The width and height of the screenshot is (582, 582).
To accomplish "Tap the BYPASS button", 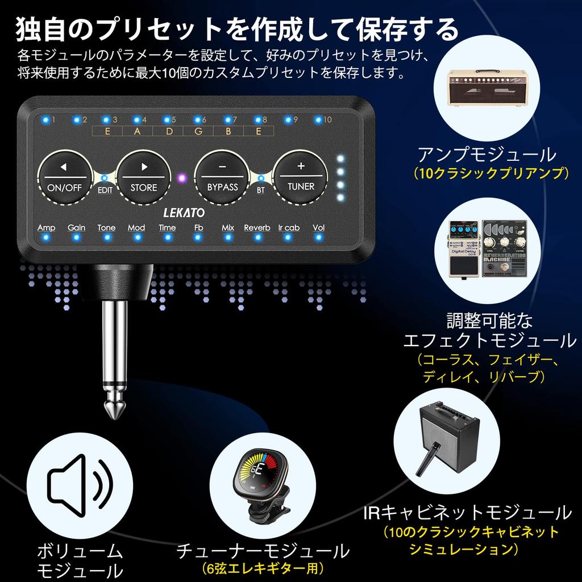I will point(222,177).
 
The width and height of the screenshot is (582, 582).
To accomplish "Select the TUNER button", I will point(301,177).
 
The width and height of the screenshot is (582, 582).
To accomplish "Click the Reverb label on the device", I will point(257,228).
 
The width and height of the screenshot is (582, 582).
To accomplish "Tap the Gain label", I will point(77,228).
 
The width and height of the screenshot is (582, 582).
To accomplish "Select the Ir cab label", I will point(289,228).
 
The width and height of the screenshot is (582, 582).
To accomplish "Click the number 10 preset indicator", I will point(327,120).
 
